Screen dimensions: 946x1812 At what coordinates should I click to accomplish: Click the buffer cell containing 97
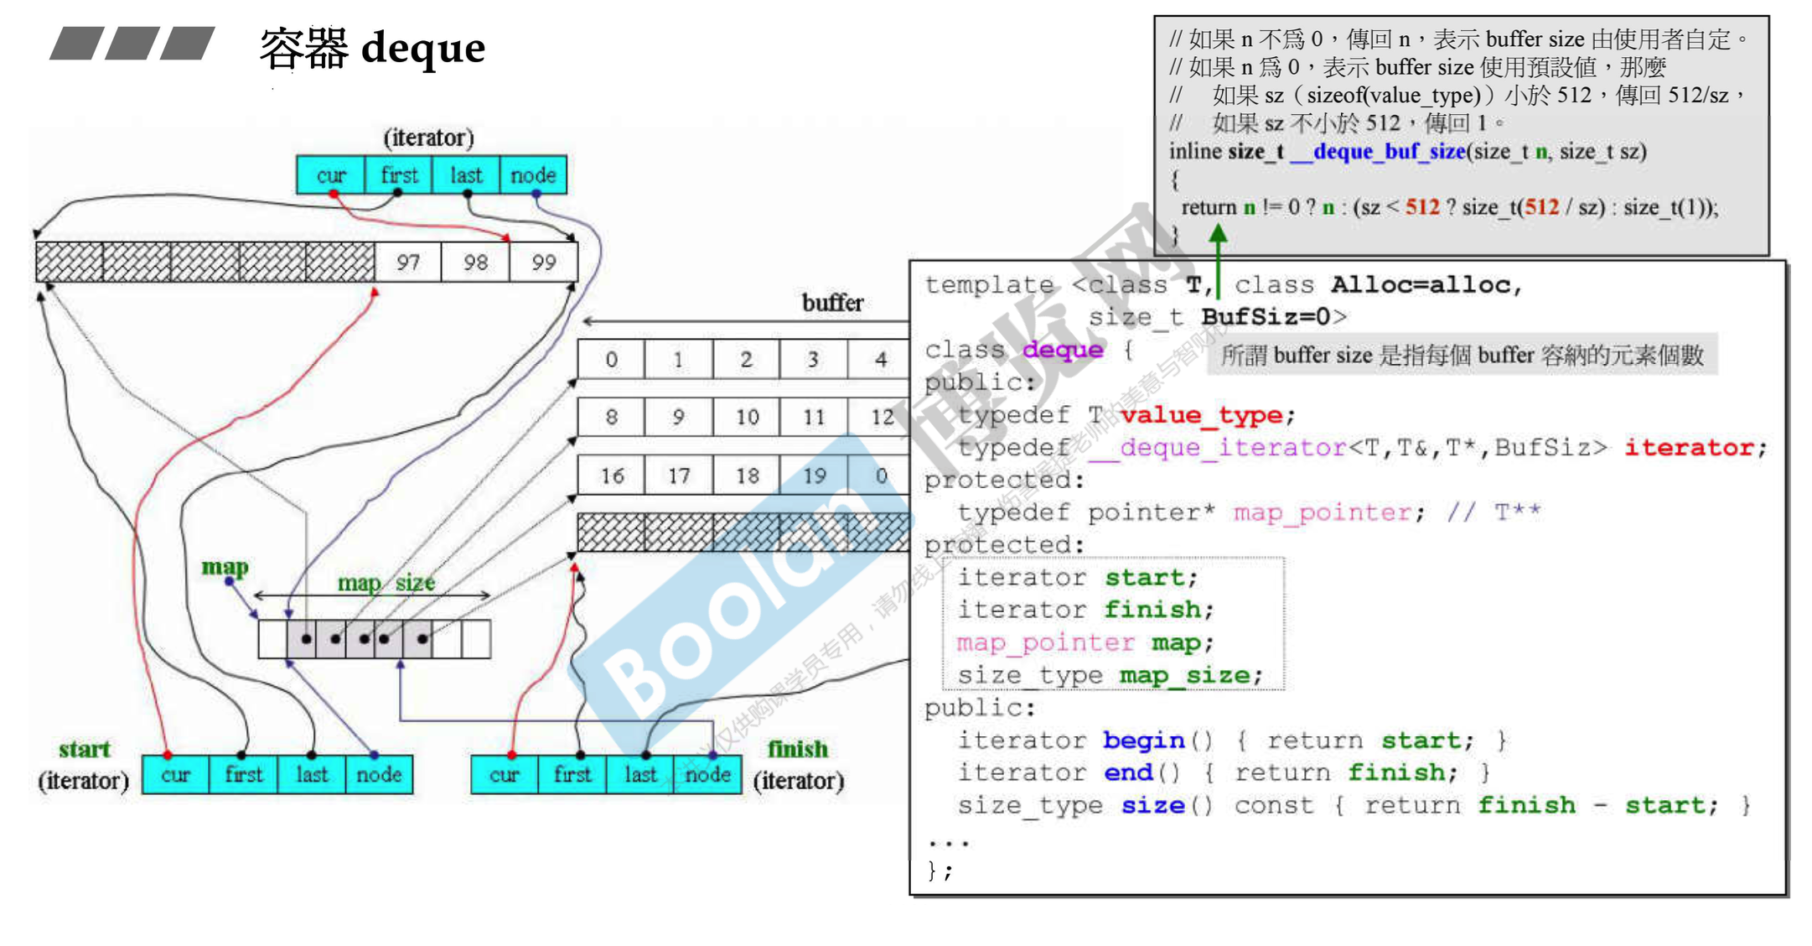[408, 262]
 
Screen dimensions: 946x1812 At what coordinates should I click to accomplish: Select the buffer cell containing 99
[544, 262]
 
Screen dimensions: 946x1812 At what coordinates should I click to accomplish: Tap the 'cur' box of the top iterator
[331, 175]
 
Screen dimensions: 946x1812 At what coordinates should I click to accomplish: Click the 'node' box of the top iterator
[533, 175]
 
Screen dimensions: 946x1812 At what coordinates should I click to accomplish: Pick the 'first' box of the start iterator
[244, 774]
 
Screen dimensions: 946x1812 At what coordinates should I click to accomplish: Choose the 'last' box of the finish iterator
[640, 774]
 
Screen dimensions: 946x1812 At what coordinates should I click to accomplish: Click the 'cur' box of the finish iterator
[504, 774]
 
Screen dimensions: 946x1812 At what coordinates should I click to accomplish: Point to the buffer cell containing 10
[747, 417]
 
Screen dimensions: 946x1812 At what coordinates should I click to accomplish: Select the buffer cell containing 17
[679, 476]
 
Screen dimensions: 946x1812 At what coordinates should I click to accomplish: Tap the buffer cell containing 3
[813, 360]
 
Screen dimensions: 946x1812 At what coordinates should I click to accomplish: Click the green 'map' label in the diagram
[225, 568]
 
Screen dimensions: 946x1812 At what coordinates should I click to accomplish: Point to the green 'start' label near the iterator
[84, 749]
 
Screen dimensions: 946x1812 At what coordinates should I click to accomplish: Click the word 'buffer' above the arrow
[832, 303]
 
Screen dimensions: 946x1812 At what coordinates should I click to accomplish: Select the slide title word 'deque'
[423, 48]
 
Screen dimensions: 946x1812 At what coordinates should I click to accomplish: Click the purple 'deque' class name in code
[1063, 350]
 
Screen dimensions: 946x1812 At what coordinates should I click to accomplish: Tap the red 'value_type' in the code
[1201, 415]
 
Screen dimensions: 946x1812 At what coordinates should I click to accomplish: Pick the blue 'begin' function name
[1143, 741]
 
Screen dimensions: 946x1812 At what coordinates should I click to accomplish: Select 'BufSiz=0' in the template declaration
[1273, 317]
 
